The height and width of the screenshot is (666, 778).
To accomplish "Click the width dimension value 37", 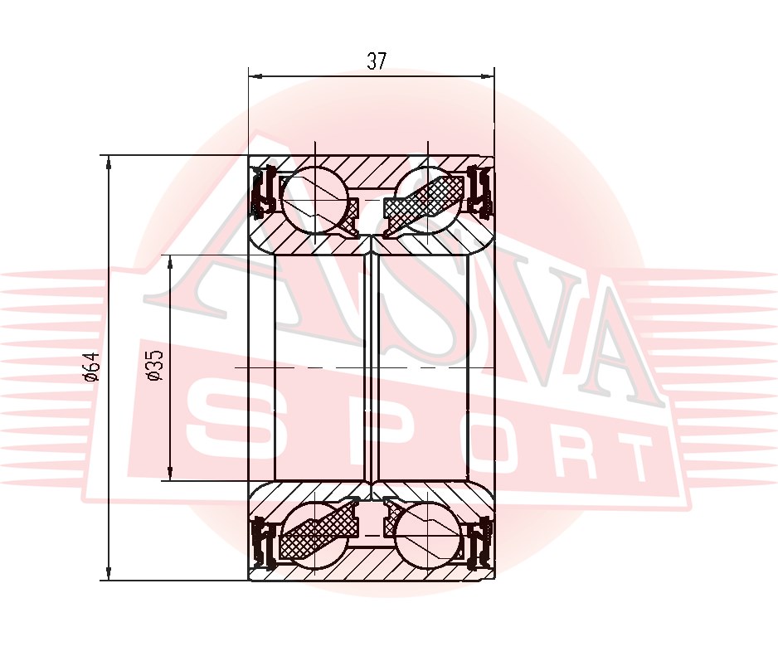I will pyautogui.click(x=377, y=61).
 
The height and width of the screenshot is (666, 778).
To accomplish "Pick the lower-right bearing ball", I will pyautogui.click(x=428, y=534).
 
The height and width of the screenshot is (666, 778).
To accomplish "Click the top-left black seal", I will pyautogui.click(x=265, y=190).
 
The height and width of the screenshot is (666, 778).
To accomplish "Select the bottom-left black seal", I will pyautogui.click(x=265, y=543).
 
